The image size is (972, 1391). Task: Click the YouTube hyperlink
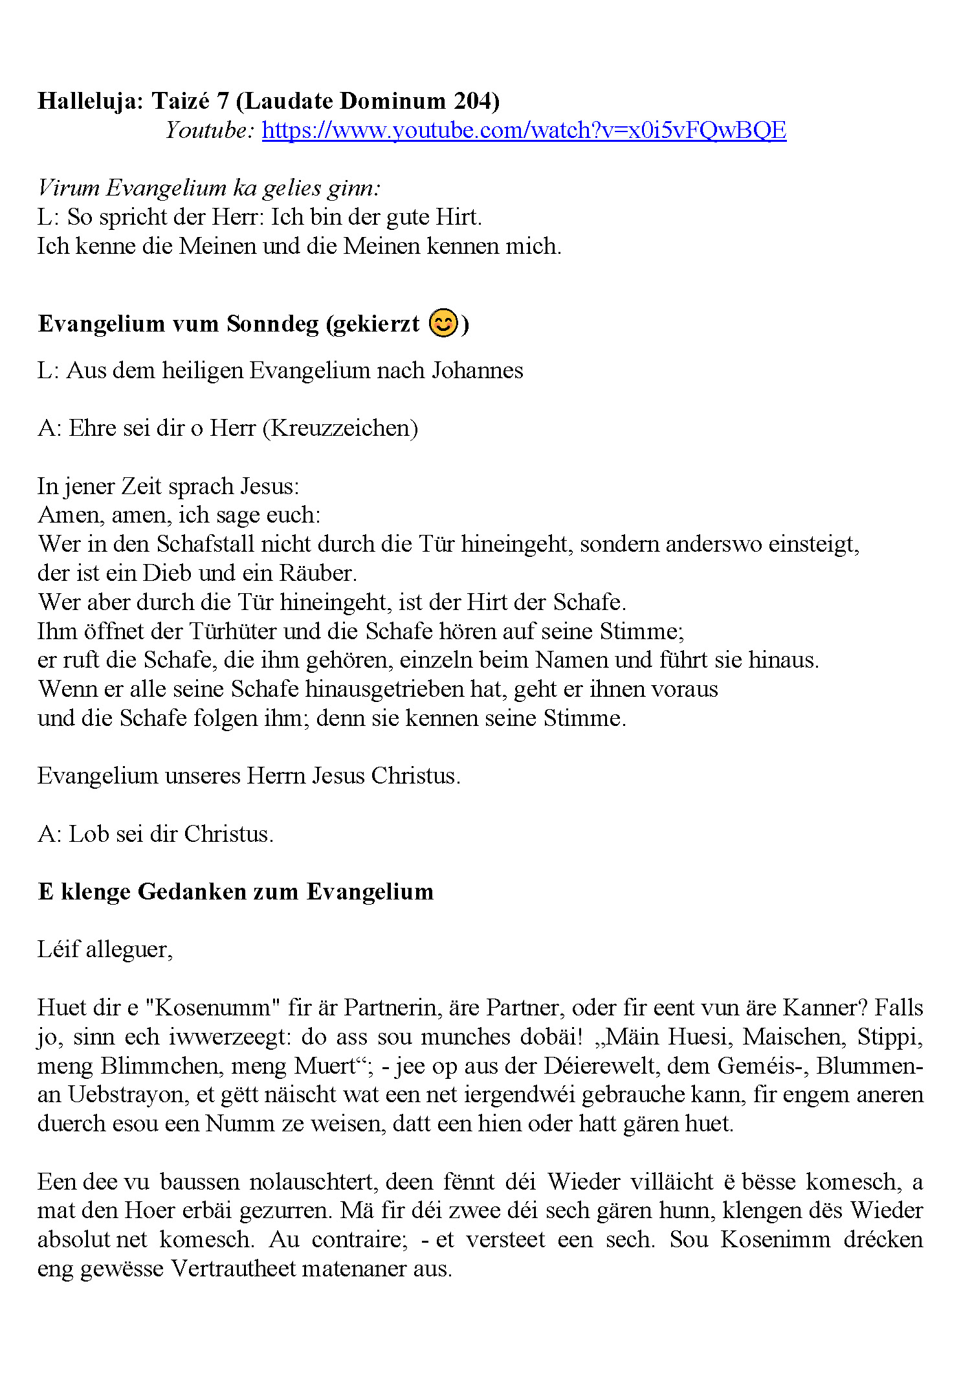pyautogui.click(x=524, y=131)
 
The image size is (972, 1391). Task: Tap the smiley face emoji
pyautogui.click(x=443, y=322)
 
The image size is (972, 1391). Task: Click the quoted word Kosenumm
pyautogui.click(x=212, y=1008)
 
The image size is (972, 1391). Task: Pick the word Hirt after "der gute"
pyautogui.click(x=457, y=217)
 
